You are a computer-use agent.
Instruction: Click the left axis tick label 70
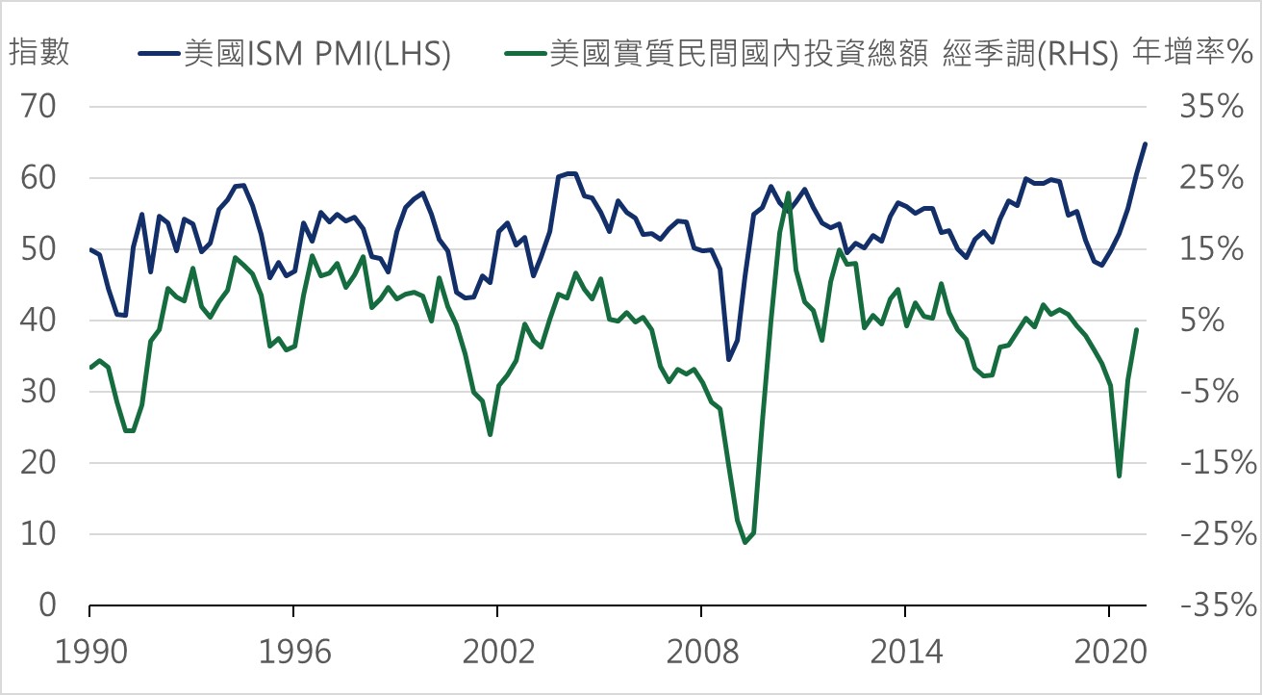40,108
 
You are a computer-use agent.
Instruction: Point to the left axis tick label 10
40,534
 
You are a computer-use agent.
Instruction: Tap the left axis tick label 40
40,321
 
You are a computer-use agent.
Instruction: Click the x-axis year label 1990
89,651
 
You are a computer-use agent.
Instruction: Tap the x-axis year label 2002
497,651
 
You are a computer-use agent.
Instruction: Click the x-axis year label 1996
293,651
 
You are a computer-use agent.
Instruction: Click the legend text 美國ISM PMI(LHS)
317,54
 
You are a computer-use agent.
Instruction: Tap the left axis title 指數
39,53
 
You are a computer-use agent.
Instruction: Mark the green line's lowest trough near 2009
745,543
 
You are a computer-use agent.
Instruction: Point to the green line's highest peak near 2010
788,193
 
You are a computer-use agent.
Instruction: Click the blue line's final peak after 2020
1145,144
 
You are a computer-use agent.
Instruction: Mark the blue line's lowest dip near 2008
728,360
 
